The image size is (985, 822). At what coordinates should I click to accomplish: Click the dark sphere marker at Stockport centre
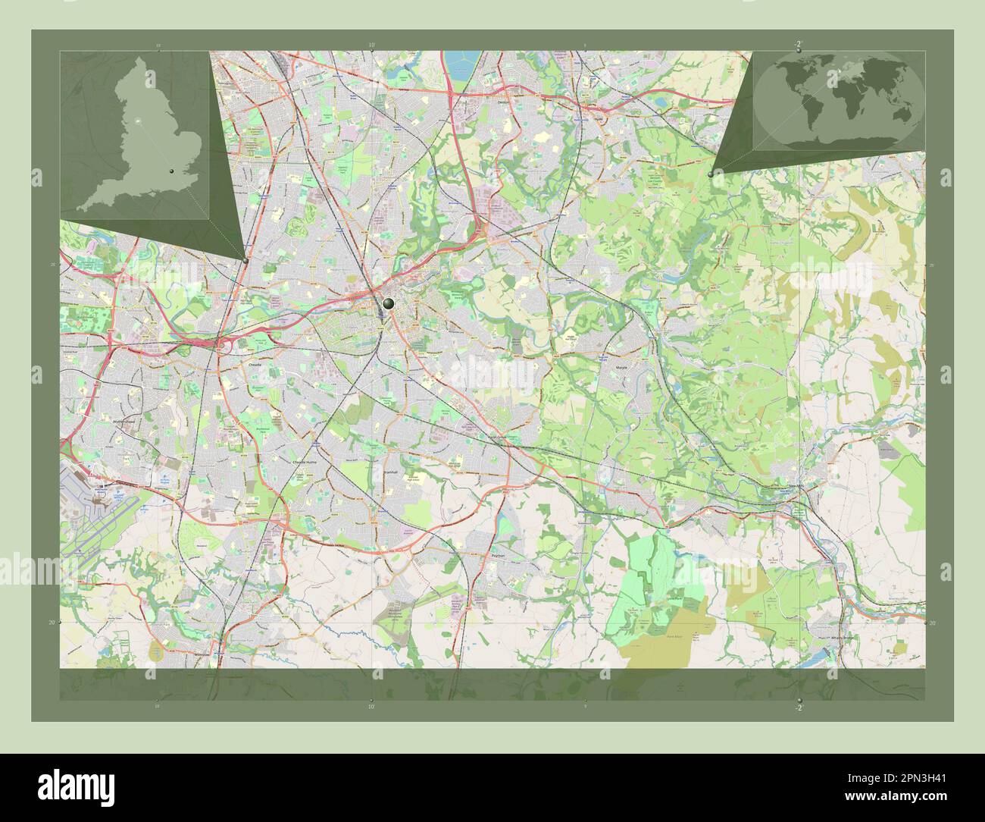[389, 303]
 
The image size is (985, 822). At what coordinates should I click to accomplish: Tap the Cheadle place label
[255, 364]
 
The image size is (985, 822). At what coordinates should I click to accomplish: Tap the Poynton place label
[498, 555]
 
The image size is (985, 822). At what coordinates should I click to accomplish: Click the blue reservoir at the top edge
[464, 64]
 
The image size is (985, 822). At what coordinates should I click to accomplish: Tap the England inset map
[135, 135]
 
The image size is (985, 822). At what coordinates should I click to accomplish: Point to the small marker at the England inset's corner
[246, 260]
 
